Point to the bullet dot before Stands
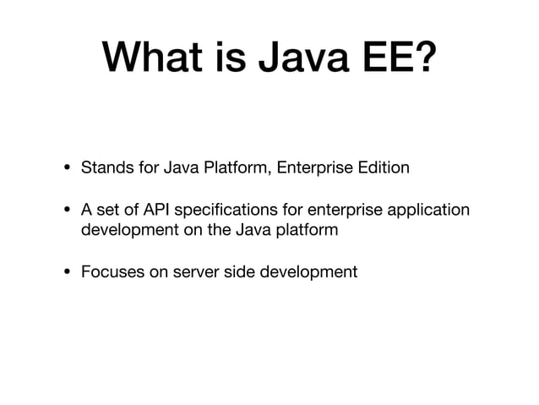point(65,167)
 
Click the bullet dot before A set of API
point(65,210)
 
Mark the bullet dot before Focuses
point(65,272)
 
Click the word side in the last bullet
point(231,272)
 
